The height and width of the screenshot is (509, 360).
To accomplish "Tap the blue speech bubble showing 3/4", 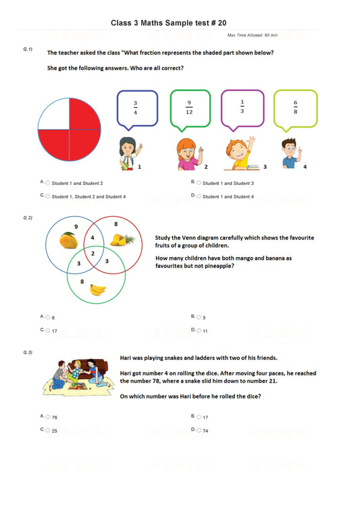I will point(137,107).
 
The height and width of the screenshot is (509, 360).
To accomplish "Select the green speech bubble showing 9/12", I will point(190,107).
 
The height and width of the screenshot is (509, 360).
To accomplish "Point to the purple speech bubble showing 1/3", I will point(242,107).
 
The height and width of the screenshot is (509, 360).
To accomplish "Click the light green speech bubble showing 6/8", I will point(295,107).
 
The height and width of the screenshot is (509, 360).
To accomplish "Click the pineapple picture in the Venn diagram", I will point(124,238).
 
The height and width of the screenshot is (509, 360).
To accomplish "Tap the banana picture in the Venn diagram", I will point(99,289).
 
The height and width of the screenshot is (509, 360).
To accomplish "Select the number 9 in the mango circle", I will point(76,226).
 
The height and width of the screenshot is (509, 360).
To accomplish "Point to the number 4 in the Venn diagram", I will point(93,238).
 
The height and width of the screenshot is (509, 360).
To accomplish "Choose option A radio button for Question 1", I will point(48,183).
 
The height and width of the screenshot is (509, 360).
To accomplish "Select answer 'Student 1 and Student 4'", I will point(228,196).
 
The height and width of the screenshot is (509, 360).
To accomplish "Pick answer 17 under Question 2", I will point(54,331).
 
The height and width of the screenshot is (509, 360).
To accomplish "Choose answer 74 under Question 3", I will point(205,430).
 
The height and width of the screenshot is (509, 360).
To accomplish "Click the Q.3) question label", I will point(28,353).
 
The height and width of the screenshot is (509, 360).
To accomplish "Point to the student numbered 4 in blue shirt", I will point(289,153).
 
